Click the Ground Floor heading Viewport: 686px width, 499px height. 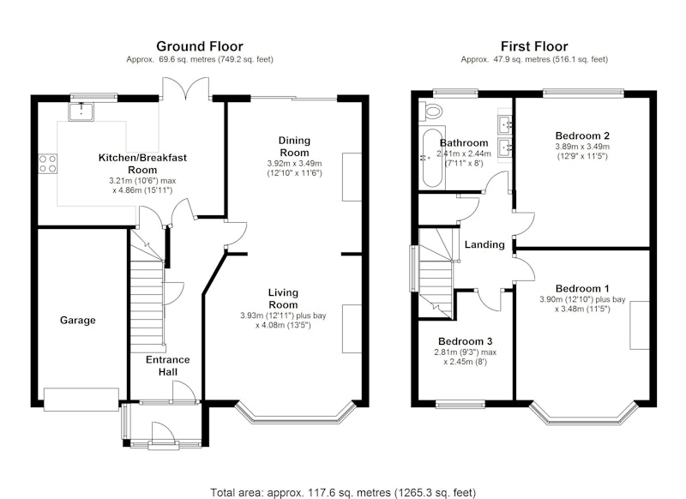click(200, 46)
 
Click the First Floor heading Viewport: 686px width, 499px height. click(534, 46)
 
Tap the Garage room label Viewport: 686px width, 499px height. click(78, 320)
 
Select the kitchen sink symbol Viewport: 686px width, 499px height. click(81, 111)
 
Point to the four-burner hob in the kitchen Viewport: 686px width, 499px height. click(48, 164)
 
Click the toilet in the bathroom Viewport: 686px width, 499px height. click(430, 111)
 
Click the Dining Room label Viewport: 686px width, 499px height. click(294, 147)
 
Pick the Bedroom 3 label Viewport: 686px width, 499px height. click(465, 341)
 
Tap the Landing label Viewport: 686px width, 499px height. click(484, 244)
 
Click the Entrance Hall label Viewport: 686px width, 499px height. click(167, 365)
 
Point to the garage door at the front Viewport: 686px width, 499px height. click(81, 399)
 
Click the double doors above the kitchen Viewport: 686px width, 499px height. click(185, 89)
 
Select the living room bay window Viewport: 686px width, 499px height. click(295, 413)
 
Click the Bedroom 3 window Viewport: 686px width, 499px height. click(460, 404)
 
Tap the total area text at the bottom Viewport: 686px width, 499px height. click(343, 493)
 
